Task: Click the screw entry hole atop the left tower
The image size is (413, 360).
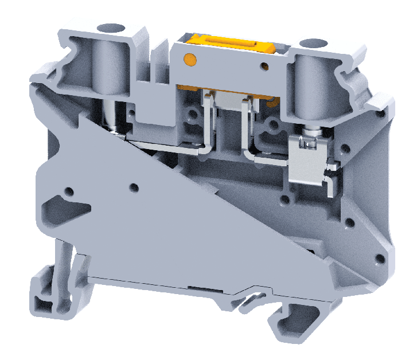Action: [x=111, y=28]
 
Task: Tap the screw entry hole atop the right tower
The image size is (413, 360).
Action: [x=314, y=44]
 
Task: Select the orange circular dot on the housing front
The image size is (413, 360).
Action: [x=189, y=58]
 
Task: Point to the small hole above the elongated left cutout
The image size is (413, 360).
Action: [x=69, y=190]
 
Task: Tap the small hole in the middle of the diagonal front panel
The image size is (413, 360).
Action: [x=134, y=187]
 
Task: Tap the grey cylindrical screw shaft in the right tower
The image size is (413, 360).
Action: [x=313, y=86]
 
